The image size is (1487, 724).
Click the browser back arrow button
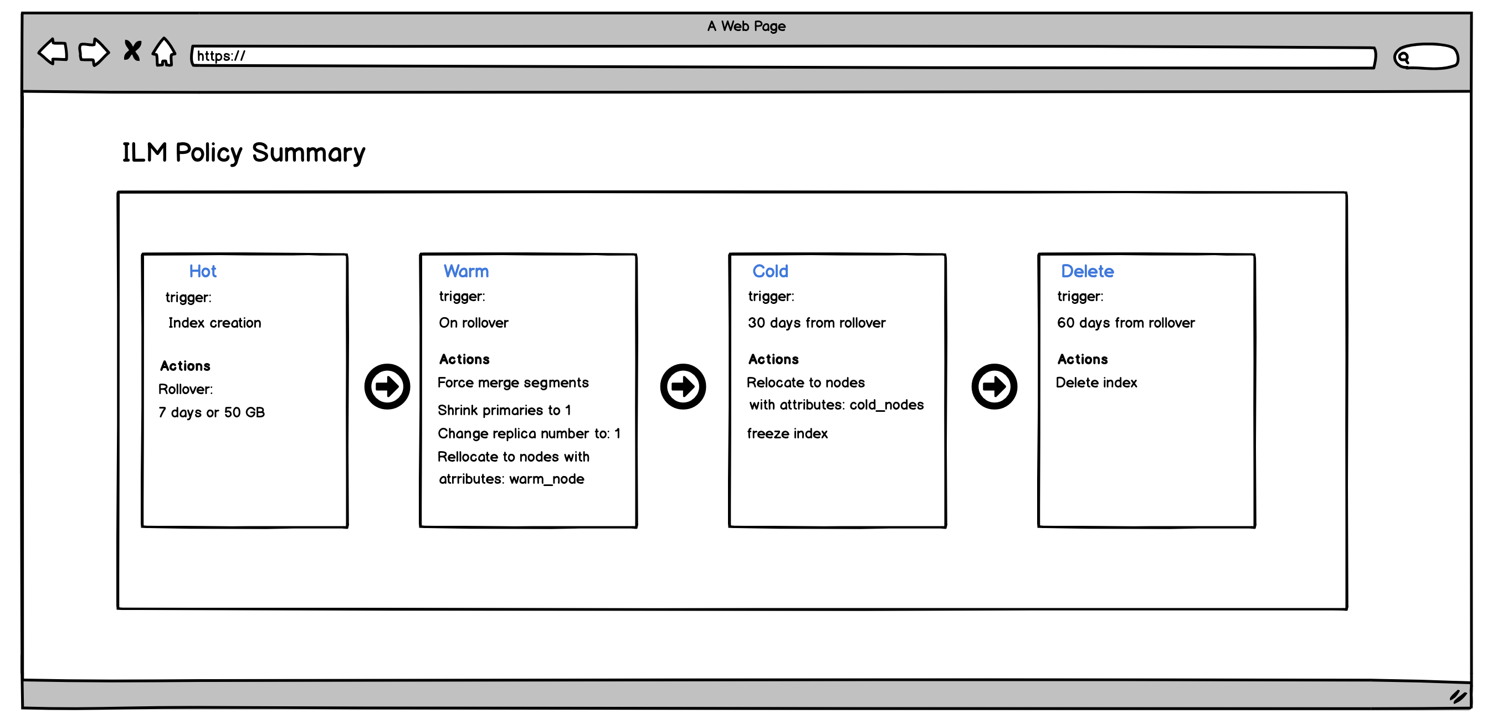(53, 51)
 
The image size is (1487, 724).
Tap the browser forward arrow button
(94, 52)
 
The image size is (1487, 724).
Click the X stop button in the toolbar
(132, 51)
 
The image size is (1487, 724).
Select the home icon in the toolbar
(164, 51)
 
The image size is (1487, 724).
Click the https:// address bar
(783, 56)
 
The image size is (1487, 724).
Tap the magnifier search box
(1426, 56)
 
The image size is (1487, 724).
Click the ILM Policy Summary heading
(244, 153)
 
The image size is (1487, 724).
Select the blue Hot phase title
(203, 271)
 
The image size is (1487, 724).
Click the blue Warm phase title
(466, 271)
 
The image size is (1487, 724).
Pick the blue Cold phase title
(770, 271)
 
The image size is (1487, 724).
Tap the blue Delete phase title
(1088, 271)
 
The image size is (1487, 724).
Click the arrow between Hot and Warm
(387, 386)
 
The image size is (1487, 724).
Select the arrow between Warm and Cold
(683, 386)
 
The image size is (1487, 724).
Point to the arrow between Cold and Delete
(994, 386)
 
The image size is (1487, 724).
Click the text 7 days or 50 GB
(211, 412)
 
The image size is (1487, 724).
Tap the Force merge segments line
(513, 383)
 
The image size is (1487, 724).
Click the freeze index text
(787, 433)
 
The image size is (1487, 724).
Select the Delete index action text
(1096, 382)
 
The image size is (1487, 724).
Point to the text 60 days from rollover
(1126, 323)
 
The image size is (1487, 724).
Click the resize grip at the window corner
(1458, 697)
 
